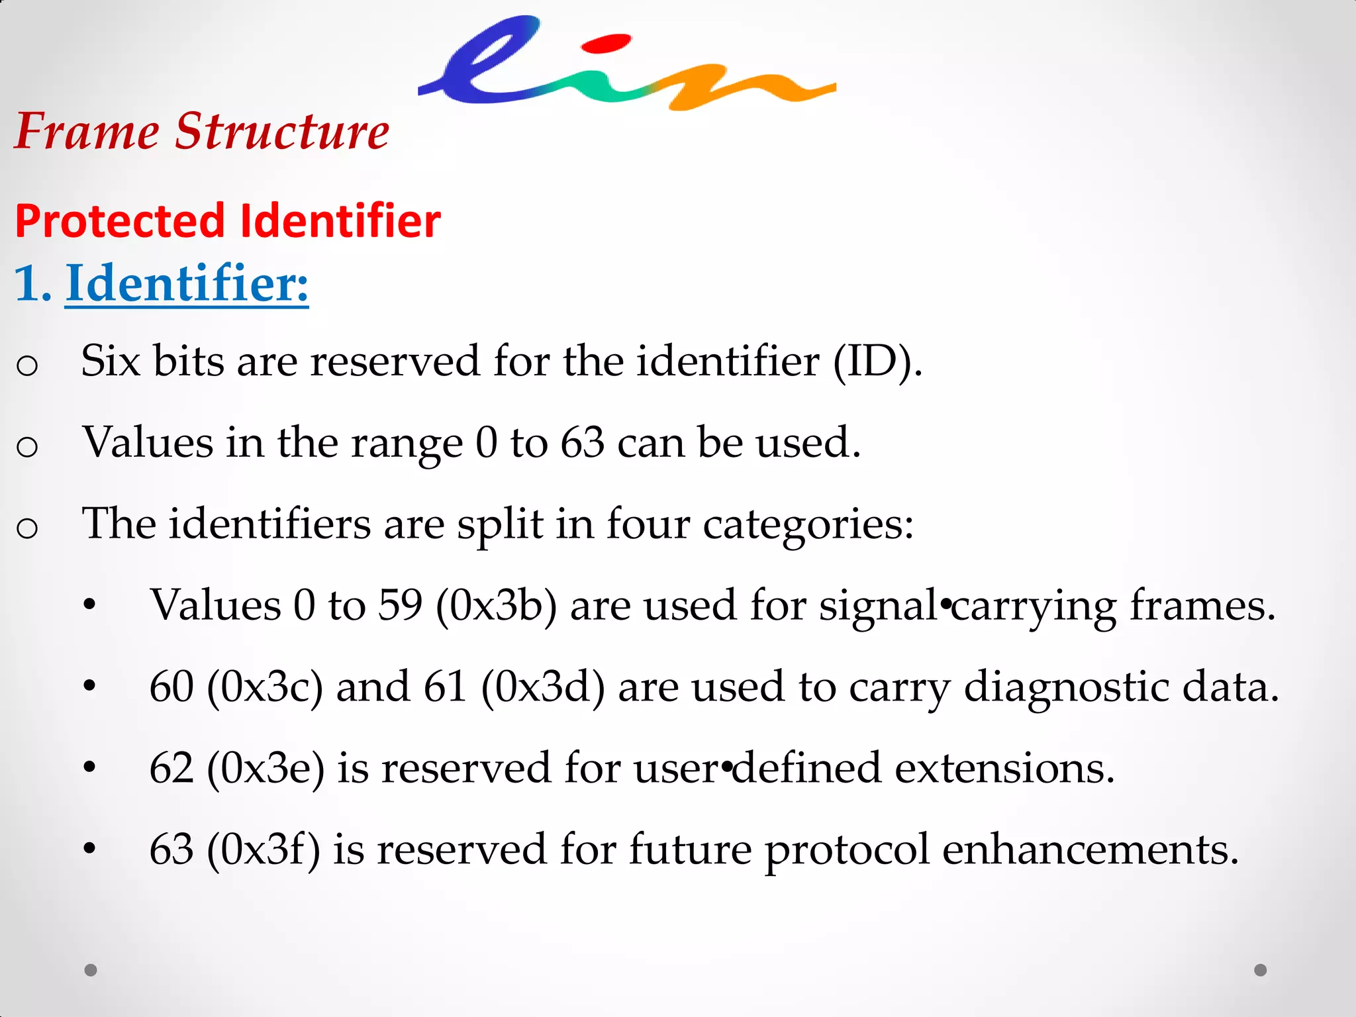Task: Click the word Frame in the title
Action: click(x=86, y=131)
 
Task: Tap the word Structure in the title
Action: click(x=282, y=131)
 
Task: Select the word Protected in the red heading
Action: click(x=120, y=221)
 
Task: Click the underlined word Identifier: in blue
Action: click(x=187, y=283)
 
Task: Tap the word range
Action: click(x=406, y=444)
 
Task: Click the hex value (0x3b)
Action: click(x=496, y=605)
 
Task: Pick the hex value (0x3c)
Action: click(x=265, y=687)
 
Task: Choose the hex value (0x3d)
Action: click(x=543, y=687)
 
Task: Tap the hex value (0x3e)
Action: click(x=266, y=768)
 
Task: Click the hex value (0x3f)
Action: click(x=263, y=849)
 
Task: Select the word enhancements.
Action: click(x=1090, y=849)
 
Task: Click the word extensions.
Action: click(x=1004, y=768)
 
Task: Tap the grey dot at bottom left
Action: click(x=91, y=970)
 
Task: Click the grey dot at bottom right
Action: click(x=1261, y=970)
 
